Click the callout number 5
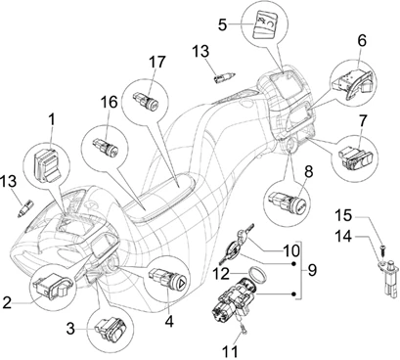[x=222, y=24]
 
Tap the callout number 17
[x=157, y=62]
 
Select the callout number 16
[x=109, y=102]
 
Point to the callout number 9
[x=312, y=270]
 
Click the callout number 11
[x=231, y=352]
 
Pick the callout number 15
[x=343, y=215]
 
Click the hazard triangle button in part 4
[x=183, y=281]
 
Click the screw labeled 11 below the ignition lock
[x=244, y=330]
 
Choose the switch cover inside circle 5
[x=265, y=24]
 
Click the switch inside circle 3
[x=111, y=329]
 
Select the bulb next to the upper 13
[x=222, y=77]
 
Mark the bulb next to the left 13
[x=25, y=208]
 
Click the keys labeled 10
[x=238, y=244]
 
